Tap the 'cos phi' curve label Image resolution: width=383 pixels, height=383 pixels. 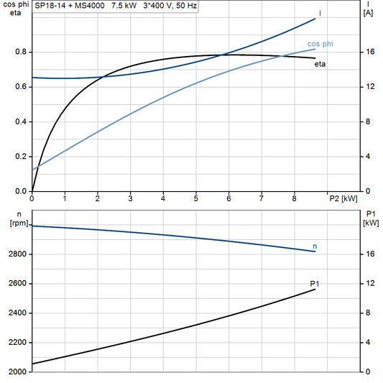[x=320, y=44]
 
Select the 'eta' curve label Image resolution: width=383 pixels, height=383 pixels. [x=320, y=65]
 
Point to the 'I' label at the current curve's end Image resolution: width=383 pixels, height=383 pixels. [x=320, y=13]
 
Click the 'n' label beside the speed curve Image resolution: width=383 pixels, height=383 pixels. [x=315, y=246]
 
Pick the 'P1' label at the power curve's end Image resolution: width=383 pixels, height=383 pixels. [x=315, y=285]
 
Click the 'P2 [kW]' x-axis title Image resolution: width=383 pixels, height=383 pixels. [x=343, y=198]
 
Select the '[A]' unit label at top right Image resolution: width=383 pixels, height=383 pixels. [x=369, y=12]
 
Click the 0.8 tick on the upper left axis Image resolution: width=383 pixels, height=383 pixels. [x=21, y=52]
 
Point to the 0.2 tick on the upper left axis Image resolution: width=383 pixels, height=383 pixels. [x=21, y=157]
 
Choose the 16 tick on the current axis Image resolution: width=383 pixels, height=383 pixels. [x=368, y=52]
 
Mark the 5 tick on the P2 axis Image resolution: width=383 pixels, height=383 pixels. [x=195, y=198]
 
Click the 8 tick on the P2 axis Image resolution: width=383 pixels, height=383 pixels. [x=294, y=198]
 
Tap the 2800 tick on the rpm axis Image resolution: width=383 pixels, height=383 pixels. [x=16, y=254]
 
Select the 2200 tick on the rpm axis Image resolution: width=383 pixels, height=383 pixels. [x=16, y=343]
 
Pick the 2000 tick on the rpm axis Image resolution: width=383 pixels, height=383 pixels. [x=16, y=372]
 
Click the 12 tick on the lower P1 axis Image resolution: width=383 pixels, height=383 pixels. [x=368, y=284]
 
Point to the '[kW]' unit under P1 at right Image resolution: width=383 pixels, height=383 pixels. [x=370, y=223]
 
